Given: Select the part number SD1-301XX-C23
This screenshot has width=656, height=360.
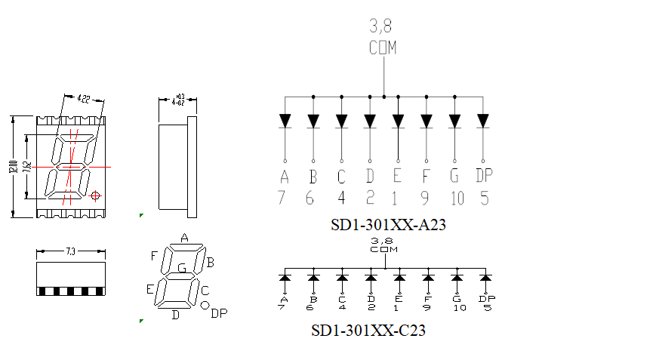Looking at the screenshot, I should pos(368,331).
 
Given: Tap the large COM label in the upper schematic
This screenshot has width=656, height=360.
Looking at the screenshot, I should pos(383,48).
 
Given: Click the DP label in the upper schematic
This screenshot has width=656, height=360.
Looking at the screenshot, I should pos(484,177).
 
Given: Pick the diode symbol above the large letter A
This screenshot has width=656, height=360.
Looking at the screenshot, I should pos(285,121).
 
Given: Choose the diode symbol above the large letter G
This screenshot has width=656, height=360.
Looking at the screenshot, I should pos(455,121).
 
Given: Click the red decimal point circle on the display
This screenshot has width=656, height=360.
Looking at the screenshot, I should pos(95,196).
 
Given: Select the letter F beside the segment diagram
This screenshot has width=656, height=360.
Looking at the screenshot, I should pos(154,256).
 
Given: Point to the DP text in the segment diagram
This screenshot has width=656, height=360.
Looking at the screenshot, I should pos(218,313).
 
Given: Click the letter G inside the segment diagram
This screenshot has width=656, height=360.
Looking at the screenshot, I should pos(182,268).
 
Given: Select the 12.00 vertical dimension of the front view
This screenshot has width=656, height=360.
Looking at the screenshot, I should pos(13,167).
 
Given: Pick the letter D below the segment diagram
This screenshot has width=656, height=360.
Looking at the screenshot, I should pos(175,315).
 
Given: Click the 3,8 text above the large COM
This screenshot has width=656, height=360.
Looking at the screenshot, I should pos(381,27).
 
